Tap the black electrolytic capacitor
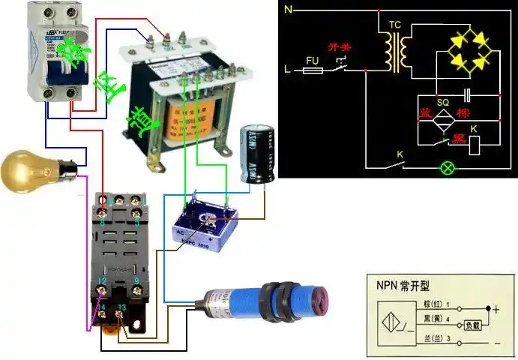point(257,154)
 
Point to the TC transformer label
point(395,25)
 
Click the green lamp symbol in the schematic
point(449,167)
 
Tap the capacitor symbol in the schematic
point(467,95)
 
